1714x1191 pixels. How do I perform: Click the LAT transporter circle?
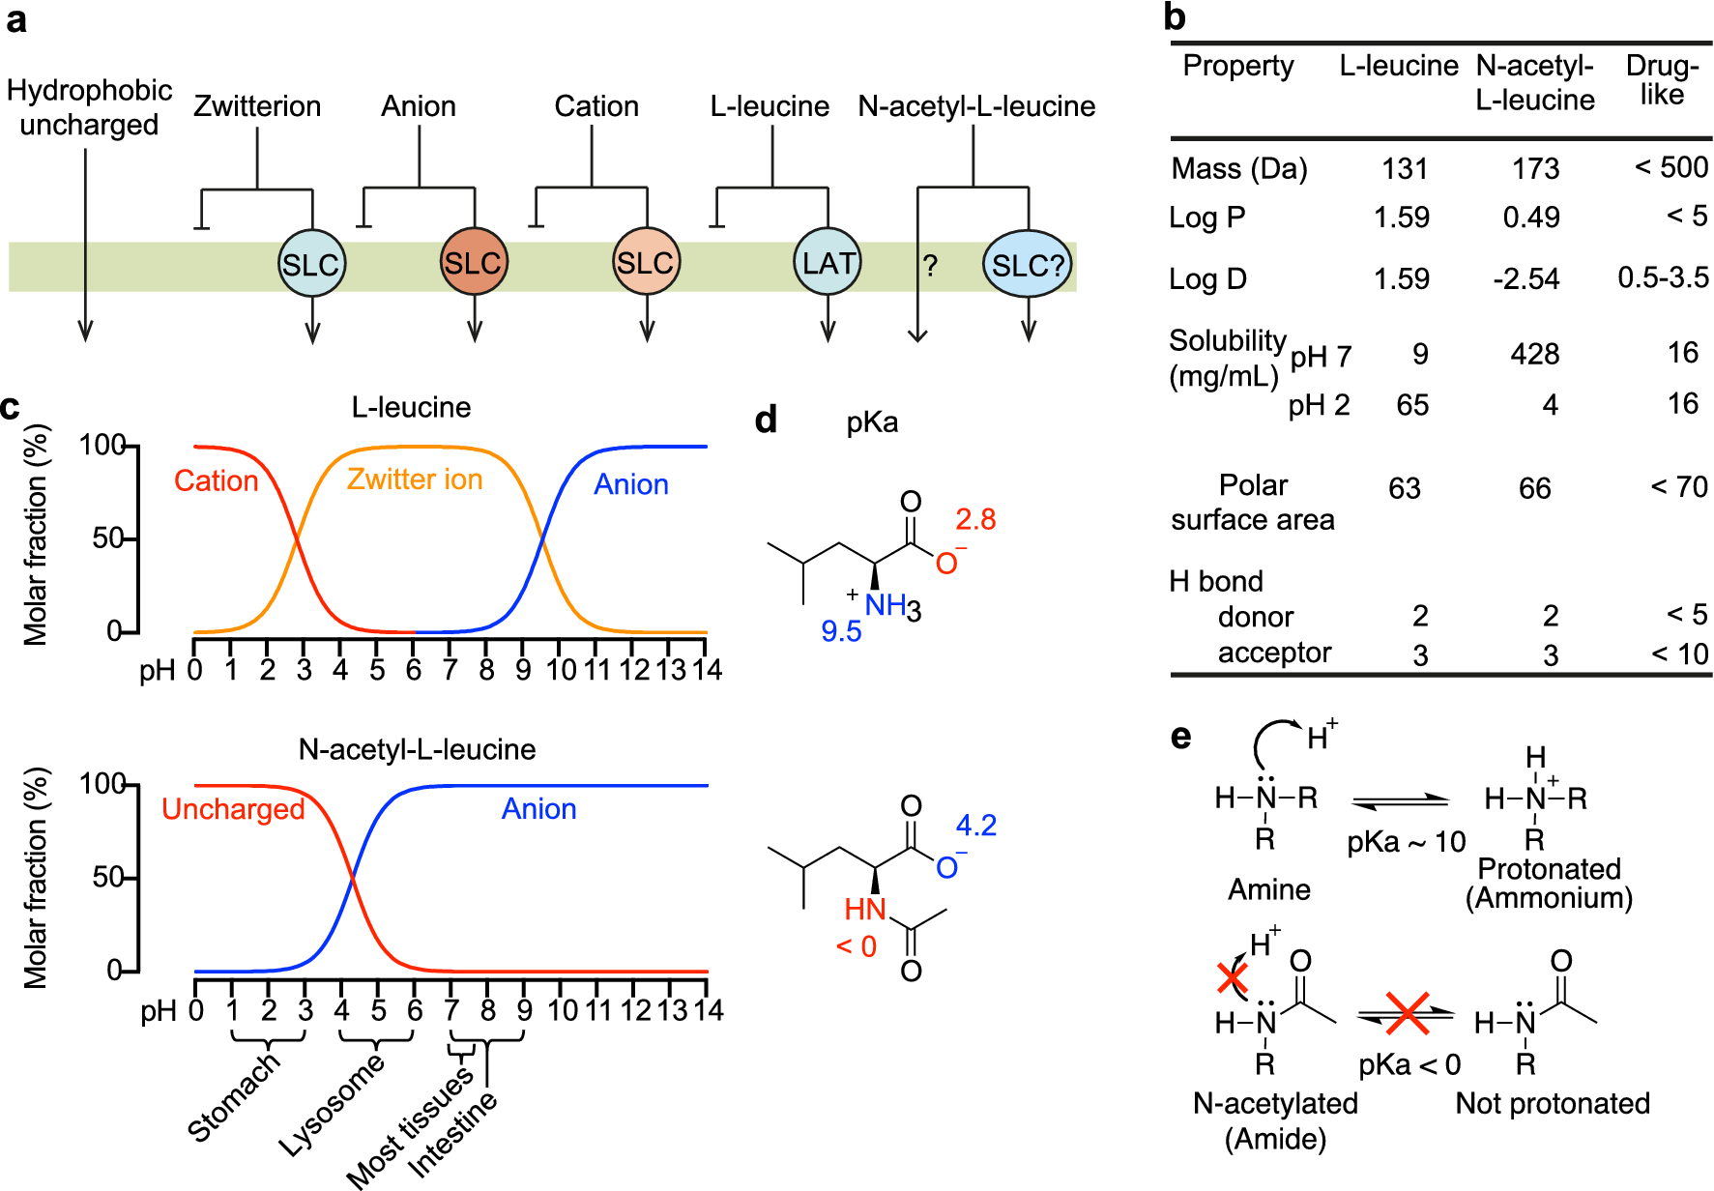tap(828, 263)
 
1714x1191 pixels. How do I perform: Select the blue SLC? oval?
tap(1028, 264)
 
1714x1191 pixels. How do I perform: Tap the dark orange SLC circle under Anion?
tap(473, 263)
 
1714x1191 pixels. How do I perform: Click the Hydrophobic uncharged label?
tap(89, 107)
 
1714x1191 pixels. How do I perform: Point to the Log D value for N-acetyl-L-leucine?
tap(1525, 279)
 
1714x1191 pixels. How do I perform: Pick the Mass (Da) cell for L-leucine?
tap(1404, 169)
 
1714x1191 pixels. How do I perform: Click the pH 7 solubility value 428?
tap(1534, 355)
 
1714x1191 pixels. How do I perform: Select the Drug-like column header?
tap(1662, 80)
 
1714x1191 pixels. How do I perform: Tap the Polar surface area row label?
tap(1252, 503)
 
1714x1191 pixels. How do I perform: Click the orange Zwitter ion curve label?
tap(414, 479)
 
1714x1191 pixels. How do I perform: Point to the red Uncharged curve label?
tap(233, 809)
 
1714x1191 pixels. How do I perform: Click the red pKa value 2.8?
tap(975, 520)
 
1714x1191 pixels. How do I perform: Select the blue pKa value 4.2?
tap(975, 826)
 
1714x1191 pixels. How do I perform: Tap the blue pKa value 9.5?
tap(841, 632)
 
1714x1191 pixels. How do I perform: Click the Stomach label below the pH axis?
tap(233, 1098)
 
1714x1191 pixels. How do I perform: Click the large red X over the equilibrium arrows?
tap(1407, 1013)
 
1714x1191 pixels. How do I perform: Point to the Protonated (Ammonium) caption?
tap(1549, 884)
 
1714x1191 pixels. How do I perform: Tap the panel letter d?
tap(766, 421)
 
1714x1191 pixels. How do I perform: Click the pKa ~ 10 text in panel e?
tap(1406, 843)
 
